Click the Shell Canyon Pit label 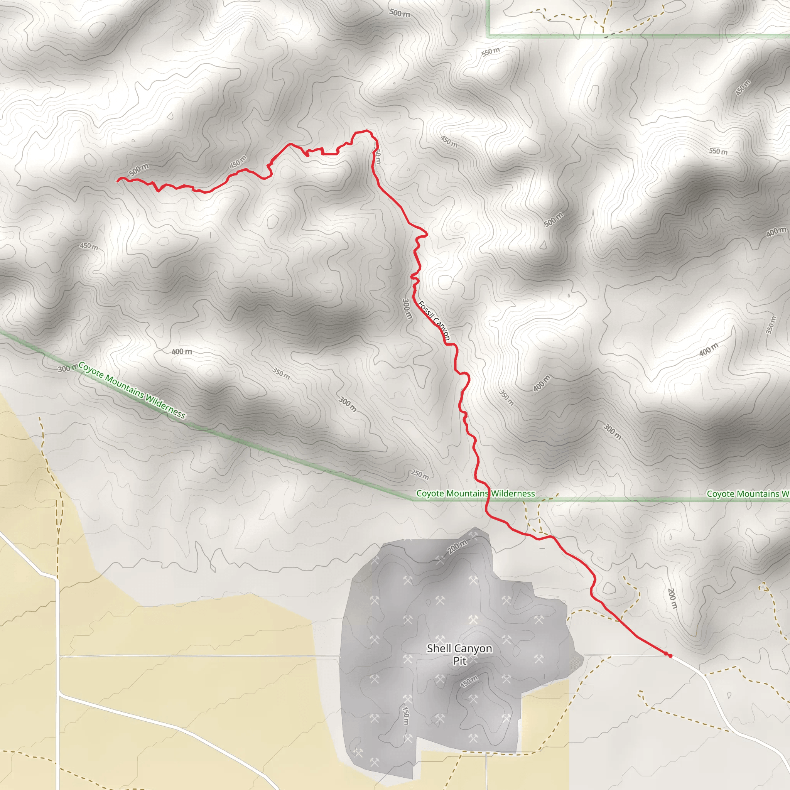point(459,654)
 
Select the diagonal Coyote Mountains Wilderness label point(132,390)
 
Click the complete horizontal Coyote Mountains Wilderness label point(475,493)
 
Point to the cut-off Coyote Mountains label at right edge point(748,494)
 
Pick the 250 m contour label point(420,474)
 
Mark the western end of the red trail point(118,179)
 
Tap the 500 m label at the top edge point(400,13)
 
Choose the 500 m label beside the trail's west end point(139,170)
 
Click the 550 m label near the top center point(490,52)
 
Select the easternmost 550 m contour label point(718,151)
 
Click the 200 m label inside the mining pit point(457,547)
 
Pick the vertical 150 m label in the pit point(405,715)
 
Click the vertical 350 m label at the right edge point(770,325)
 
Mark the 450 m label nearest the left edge point(89,246)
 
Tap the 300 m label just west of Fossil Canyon point(407,309)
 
